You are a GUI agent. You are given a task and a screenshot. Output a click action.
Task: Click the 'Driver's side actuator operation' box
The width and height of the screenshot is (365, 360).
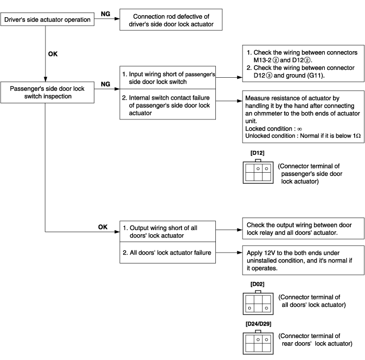[47, 19]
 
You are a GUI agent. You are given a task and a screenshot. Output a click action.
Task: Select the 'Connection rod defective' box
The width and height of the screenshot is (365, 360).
[171, 20]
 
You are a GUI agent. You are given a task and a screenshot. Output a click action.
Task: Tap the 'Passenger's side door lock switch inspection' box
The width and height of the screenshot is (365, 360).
[47, 92]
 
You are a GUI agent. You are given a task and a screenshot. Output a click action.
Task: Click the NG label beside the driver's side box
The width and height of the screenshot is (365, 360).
[105, 14]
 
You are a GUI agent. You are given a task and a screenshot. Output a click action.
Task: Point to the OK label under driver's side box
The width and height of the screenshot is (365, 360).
[53, 54]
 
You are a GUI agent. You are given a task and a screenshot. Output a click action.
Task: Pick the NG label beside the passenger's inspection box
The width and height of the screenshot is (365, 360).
[105, 84]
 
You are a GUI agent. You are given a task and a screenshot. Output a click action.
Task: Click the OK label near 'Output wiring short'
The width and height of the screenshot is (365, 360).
[103, 227]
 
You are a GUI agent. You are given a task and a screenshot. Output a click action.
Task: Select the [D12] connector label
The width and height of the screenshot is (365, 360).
[258, 153]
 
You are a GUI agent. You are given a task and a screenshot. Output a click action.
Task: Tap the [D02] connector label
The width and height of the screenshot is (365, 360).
[258, 284]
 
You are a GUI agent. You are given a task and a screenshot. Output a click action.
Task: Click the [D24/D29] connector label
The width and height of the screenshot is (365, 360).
[259, 324]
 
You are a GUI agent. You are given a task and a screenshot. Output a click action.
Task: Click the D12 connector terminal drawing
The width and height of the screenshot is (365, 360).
[258, 172]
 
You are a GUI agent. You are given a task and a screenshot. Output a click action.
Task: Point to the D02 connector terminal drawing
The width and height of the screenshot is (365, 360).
[258, 303]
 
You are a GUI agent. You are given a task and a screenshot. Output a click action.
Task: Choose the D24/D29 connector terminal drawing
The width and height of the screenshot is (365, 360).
[258, 342]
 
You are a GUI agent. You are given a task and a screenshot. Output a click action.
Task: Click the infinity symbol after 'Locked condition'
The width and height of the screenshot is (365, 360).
[300, 129]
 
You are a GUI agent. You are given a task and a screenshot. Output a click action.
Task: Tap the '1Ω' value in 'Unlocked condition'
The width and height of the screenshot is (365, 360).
[357, 136]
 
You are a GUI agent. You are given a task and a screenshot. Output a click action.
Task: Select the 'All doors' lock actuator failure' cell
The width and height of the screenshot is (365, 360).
[167, 253]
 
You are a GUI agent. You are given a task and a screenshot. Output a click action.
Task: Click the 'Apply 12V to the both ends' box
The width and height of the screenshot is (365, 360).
[303, 260]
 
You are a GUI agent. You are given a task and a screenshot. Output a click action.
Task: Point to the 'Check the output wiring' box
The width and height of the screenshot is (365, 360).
[303, 229]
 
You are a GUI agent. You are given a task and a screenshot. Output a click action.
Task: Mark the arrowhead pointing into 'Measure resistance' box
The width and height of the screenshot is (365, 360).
[240, 101]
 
